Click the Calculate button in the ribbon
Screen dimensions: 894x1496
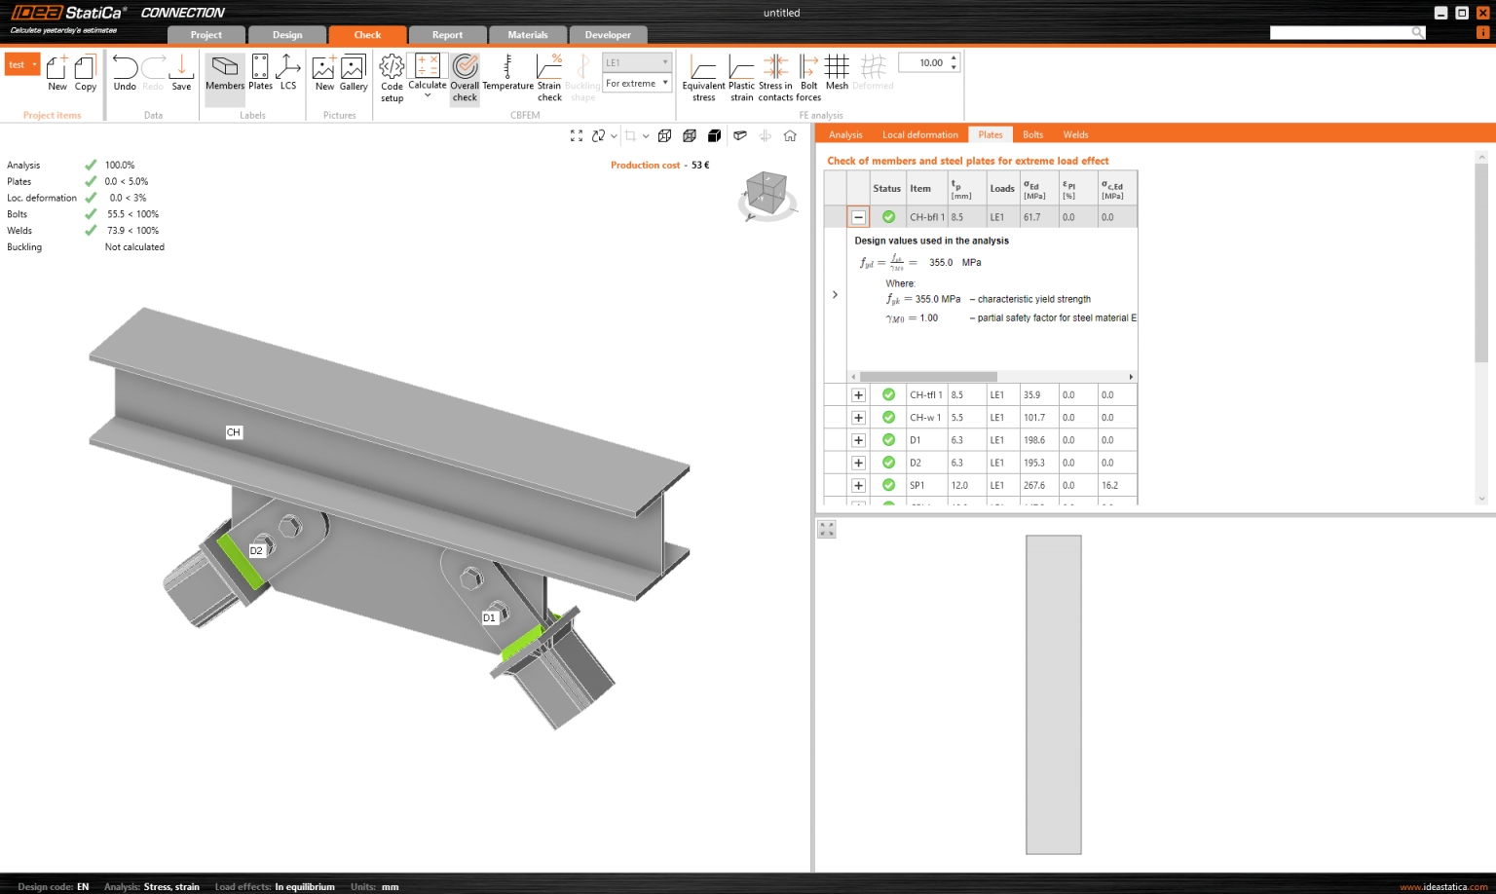click(x=427, y=74)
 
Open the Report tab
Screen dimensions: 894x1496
click(x=447, y=35)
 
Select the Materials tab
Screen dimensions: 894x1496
click(x=527, y=35)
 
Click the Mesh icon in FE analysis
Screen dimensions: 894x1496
click(x=837, y=73)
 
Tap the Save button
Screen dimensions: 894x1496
click(x=181, y=73)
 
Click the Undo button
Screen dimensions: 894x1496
click(x=125, y=73)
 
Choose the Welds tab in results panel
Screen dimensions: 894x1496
click(x=1075, y=134)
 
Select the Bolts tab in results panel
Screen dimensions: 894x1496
click(x=1032, y=134)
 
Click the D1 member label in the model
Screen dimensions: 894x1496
click(x=489, y=617)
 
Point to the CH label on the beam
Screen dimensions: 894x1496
click(x=234, y=432)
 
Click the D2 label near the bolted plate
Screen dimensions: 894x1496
click(x=256, y=551)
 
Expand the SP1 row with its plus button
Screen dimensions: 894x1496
click(x=858, y=485)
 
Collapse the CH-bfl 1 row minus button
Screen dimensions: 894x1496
click(x=858, y=217)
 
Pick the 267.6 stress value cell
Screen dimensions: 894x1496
click(x=1034, y=485)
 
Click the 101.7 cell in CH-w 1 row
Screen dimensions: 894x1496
click(x=1034, y=418)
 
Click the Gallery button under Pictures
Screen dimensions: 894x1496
click(x=353, y=73)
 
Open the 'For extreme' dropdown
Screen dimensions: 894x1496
click(x=637, y=84)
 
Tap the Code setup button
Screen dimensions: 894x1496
click(x=392, y=76)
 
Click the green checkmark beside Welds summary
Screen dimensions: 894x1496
click(x=91, y=231)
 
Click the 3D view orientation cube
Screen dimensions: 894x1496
click(x=767, y=192)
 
